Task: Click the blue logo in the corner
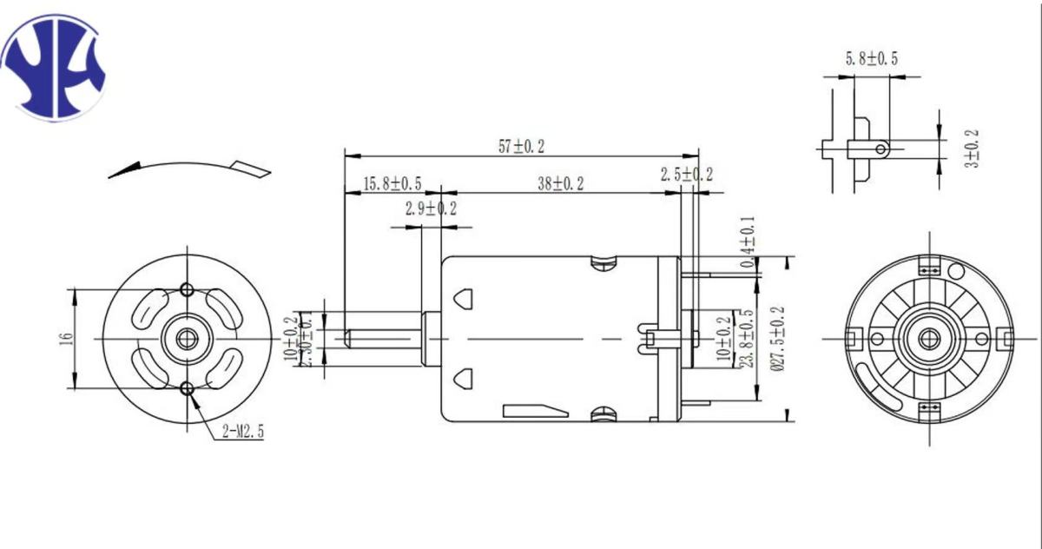pos(55,68)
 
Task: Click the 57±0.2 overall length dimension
pos(521,146)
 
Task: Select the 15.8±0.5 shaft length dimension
pos(392,183)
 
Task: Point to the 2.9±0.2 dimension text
pos(430,208)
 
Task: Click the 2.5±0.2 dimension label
pos(686,175)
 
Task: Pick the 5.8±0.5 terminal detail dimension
pos(871,58)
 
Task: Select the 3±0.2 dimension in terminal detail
pos(971,149)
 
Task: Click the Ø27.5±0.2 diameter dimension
pos(777,339)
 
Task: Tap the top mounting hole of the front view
pos(187,288)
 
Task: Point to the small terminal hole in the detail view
pos(880,149)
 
